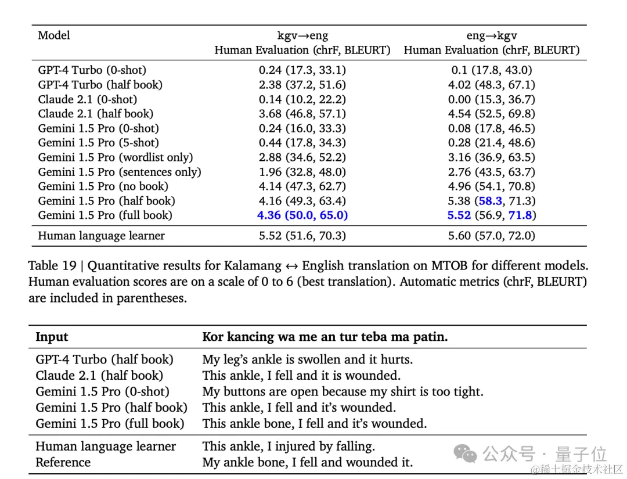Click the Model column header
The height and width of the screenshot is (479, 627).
click(54, 35)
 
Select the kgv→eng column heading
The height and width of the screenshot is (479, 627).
click(302, 35)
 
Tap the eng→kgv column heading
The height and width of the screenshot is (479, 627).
click(491, 35)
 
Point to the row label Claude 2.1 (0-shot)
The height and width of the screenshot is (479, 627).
click(88, 99)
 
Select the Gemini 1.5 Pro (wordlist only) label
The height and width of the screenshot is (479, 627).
click(116, 157)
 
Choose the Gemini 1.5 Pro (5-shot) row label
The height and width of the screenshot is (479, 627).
click(98, 143)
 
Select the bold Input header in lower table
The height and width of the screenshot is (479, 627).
click(52, 337)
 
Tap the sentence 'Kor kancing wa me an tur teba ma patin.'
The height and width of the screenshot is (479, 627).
click(325, 337)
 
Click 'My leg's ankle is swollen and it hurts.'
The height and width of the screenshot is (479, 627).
click(307, 359)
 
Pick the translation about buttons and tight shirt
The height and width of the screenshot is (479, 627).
click(343, 391)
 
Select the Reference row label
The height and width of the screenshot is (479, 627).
click(63, 462)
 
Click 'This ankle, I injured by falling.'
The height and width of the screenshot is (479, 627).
click(289, 446)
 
